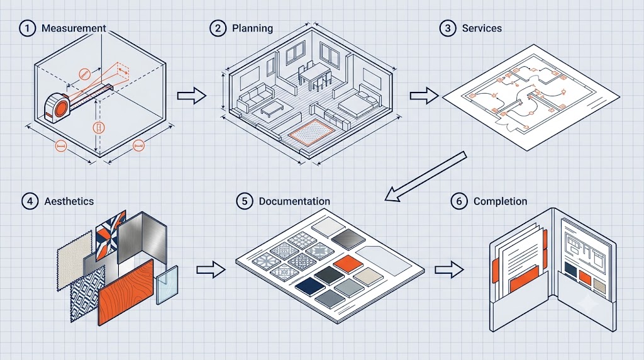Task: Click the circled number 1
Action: (28, 28)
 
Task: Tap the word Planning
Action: (252, 28)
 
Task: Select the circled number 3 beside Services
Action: (448, 28)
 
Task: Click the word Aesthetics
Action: (69, 201)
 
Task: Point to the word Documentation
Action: (294, 201)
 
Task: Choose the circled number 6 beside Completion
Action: (459, 201)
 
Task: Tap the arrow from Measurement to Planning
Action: (191, 96)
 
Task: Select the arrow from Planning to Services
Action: (425, 96)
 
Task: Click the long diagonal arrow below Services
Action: (426, 176)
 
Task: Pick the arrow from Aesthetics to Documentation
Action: (211, 269)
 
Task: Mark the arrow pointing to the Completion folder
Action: (449, 269)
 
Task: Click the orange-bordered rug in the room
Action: (311, 132)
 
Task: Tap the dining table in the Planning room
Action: (314, 75)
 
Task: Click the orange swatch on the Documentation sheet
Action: (348, 264)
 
